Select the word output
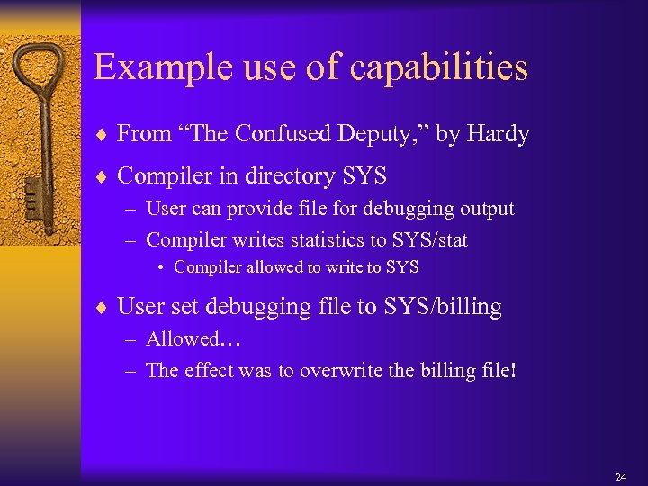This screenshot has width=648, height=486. click(485, 210)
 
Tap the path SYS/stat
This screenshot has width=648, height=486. click(428, 240)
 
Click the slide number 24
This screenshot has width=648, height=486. click(621, 476)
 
